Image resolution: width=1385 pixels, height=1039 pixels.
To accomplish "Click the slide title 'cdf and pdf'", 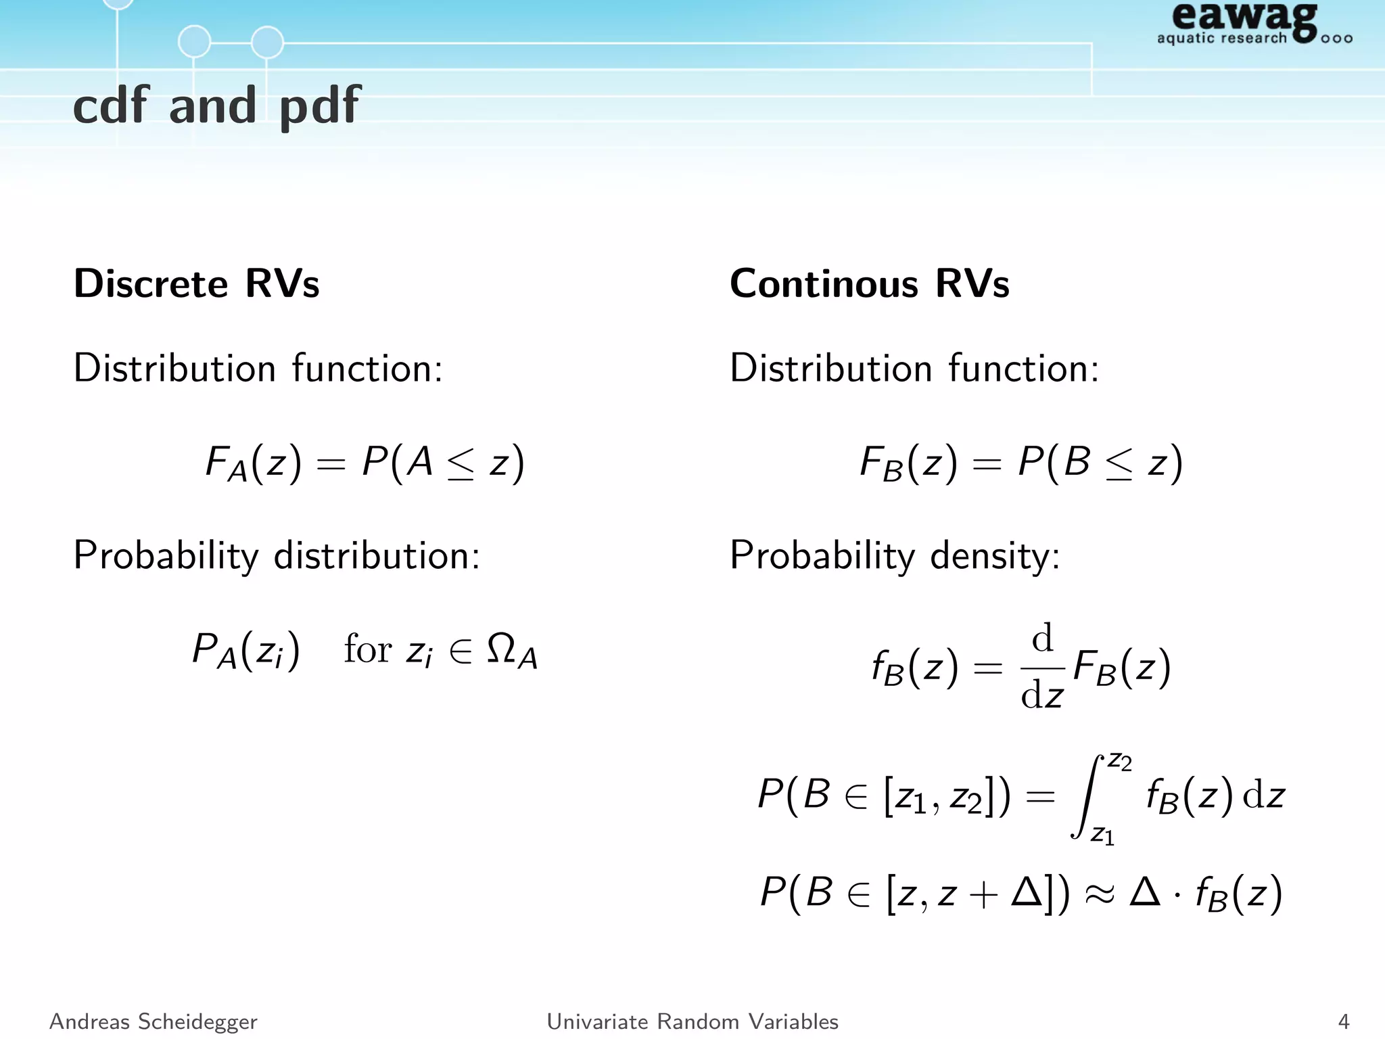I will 216,106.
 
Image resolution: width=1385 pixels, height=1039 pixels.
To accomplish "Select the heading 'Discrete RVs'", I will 196,283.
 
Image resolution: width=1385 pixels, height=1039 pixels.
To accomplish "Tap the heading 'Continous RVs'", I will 869,283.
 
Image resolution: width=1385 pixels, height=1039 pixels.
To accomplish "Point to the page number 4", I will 1343,1021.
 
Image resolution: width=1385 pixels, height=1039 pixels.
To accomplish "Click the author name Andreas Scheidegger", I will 154,1021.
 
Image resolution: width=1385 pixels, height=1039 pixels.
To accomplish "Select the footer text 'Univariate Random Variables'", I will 692,1021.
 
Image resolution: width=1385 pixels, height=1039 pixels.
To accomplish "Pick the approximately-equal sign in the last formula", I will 1099,894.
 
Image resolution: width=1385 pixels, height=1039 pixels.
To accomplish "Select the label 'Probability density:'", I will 895,556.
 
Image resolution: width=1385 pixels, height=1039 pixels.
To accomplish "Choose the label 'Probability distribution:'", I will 277,556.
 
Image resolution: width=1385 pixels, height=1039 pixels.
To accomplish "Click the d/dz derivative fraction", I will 1042,667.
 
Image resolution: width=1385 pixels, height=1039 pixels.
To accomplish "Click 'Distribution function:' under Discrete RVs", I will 258,369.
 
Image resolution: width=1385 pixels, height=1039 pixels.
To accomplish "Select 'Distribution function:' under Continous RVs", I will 914,369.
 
